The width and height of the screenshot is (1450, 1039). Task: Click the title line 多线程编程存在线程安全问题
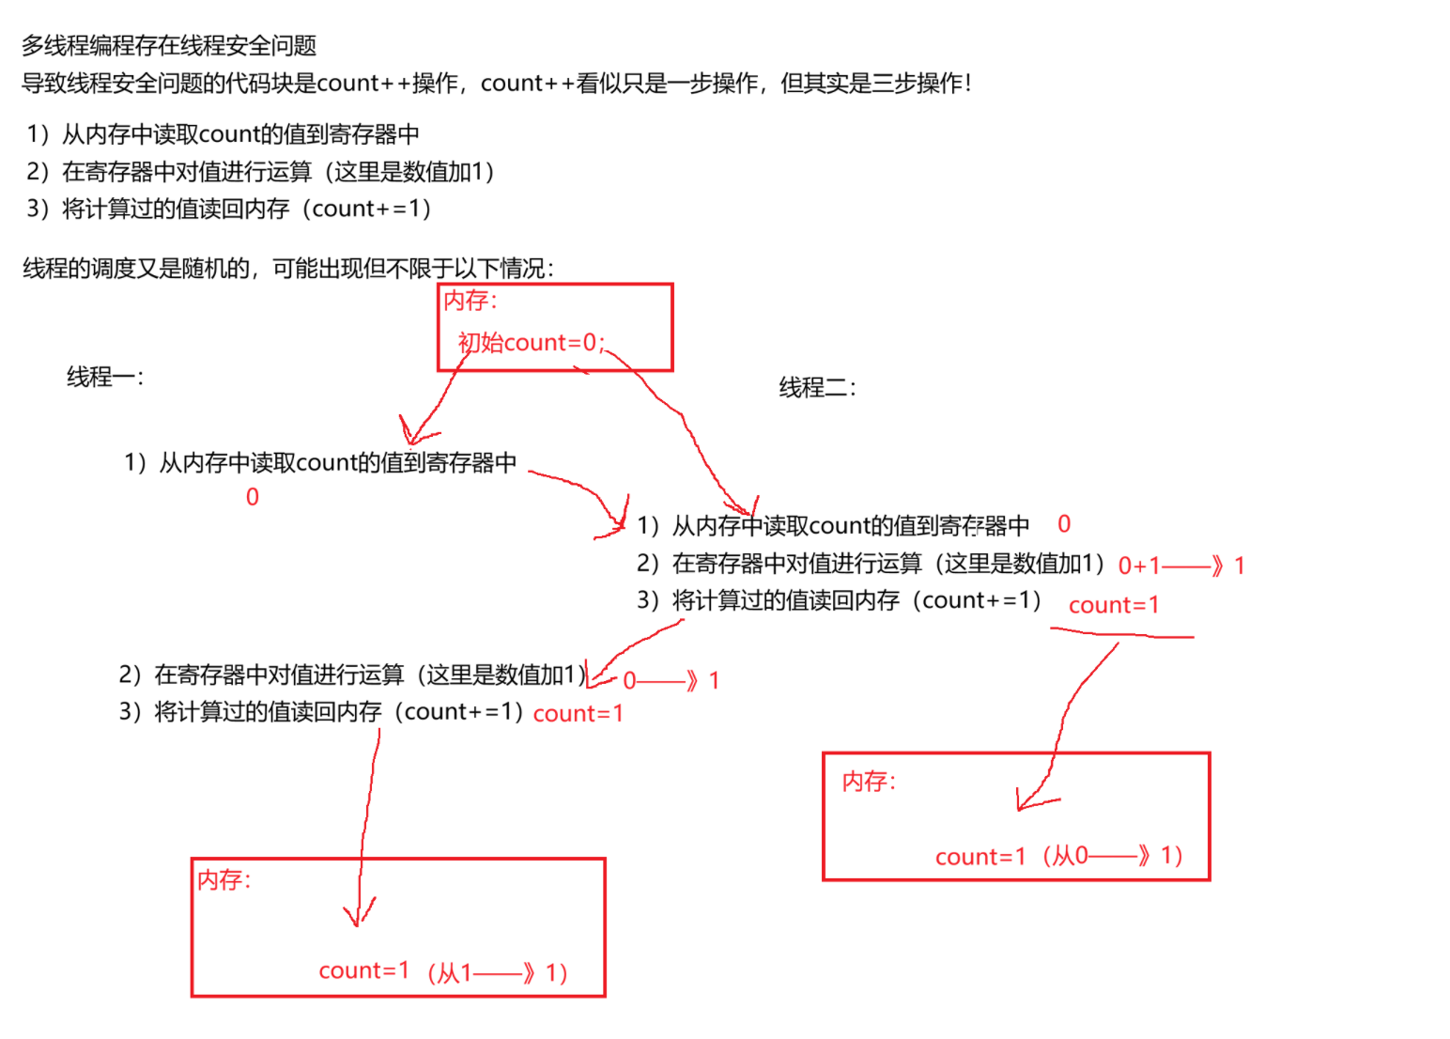click(x=169, y=45)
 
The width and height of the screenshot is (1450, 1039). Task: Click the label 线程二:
click(x=817, y=387)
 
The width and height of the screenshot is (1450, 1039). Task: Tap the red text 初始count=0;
click(x=531, y=343)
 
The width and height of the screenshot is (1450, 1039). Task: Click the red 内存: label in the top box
click(x=470, y=301)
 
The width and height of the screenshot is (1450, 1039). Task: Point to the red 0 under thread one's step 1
click(x=252, y=497)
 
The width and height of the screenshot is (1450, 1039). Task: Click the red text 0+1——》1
click(x=1180, y=566)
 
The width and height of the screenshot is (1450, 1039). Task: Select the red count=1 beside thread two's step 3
click(x=1114, y=605)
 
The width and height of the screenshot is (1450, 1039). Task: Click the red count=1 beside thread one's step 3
click(x=578, y=714)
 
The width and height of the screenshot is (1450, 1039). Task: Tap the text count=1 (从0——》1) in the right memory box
click(x=1058, y=856)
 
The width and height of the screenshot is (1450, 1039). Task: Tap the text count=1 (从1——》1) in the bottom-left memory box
click(x=442, y=971)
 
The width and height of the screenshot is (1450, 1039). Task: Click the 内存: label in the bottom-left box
click(x=224, y=880)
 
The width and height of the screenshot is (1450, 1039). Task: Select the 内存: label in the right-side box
click(x=869, y=782)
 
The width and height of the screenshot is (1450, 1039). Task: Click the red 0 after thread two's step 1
click(x=1064, y=524)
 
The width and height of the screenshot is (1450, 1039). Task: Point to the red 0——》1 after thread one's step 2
click(x=671, y=680)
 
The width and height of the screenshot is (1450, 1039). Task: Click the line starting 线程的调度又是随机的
click(x=288, y=269)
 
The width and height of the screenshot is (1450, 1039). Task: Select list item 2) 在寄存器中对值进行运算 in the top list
click(x=260, y=172)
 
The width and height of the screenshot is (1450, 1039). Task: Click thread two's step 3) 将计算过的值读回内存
click(x=839, y=600)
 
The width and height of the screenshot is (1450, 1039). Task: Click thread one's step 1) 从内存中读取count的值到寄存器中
click(x=320, y=462)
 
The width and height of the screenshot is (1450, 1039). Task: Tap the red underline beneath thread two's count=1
click(x=1122, y=635)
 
